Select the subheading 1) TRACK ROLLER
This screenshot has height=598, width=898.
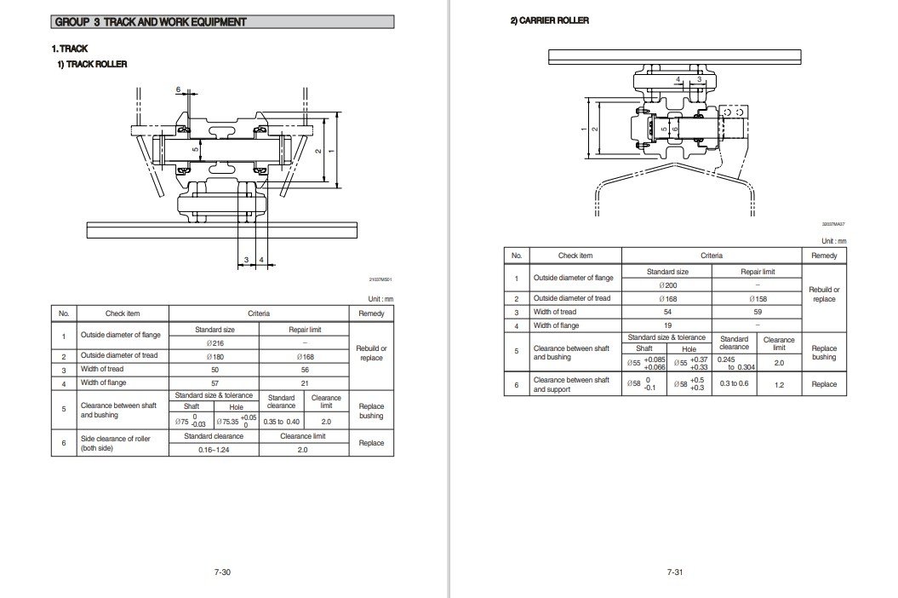pos(92,65)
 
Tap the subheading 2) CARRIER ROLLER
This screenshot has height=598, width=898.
pos(549,20)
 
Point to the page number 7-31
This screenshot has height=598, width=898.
pos(675,572)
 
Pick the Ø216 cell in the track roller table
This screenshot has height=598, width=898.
pos(214,342)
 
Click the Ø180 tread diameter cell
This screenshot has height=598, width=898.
pos(214,356)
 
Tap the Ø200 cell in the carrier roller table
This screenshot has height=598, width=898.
pos(666,285)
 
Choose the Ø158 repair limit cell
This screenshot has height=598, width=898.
pos(757,299)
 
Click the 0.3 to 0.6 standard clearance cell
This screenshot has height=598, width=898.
pos(734,384)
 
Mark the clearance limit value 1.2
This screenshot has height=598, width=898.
pos(779,384)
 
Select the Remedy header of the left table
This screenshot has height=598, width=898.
pos(371,313)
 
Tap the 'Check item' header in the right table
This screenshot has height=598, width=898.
pos(575,256)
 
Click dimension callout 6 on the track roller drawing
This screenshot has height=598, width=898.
pos(178,89)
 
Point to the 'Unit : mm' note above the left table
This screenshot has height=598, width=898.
pos(380,298)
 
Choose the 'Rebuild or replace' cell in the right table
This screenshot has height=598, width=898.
pos(824,294)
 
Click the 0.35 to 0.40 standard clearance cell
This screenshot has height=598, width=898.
pos(281,422)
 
